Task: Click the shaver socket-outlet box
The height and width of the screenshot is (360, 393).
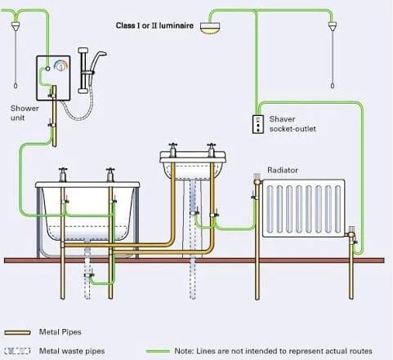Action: click(x=258, y=124)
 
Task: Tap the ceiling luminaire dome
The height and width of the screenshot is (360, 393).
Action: click(x=210, y=28)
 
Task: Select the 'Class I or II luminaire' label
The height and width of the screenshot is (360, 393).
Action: click(x=154, y=25)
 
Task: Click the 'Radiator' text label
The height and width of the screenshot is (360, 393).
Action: click(x=283, y=170)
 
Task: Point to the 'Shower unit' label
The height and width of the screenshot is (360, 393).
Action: click(x=25, y=113)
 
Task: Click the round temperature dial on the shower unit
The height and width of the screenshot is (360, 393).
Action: click(x=60, y=65)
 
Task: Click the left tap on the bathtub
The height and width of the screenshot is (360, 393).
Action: click(x=63, y=175)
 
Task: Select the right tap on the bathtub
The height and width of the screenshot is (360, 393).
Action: click(x=110, y=175)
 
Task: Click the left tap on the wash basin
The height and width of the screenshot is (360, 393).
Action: click(x=172, y=150)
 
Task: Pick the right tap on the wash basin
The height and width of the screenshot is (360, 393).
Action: click(x=211, y=150)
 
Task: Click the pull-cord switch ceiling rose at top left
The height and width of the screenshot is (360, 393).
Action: click(x=16, y=26)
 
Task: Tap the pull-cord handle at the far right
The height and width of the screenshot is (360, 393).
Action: click(x=333, y=86)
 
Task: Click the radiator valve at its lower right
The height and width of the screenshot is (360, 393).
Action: click(x=352, y=234)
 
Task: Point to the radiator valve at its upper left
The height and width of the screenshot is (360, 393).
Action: click(x=257, y=180)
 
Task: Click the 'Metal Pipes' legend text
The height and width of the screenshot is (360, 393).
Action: click(x=60, y=332)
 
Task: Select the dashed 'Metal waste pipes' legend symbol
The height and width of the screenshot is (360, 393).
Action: click(x=17, y=351)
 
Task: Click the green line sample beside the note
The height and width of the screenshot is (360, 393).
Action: click(x=158, y=351)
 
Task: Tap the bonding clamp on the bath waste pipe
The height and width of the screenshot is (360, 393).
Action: click(x=89, y=275)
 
